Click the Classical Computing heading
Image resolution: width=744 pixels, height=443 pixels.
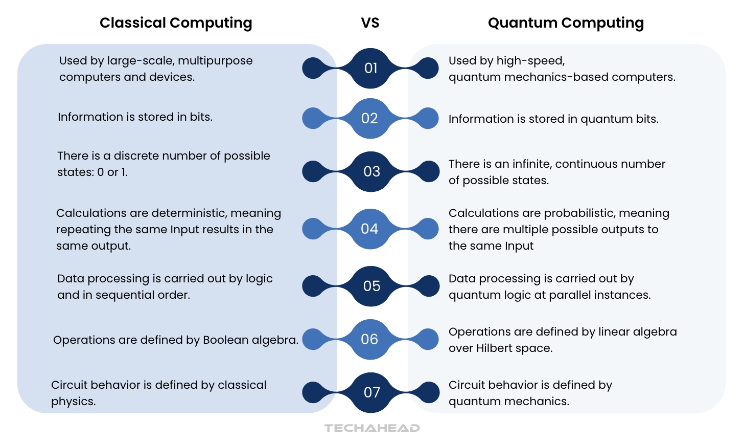coord(176,23)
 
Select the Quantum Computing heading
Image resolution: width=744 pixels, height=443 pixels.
coord(566,23)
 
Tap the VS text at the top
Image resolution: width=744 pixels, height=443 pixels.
coord(370,23)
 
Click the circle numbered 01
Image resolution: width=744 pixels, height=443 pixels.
coord(371,68)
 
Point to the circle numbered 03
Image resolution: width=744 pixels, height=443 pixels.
coord(371,171)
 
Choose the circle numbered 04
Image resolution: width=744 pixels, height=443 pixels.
coord(369,229)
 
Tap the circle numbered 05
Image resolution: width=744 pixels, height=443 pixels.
coord(371,286)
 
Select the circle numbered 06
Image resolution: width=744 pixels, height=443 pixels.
coord(369,339)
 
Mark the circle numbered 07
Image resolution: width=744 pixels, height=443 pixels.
coord(371,392)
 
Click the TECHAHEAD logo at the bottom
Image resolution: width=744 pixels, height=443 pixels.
coord(372,428)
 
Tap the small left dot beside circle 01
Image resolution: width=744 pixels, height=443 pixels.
coord(314,68)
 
